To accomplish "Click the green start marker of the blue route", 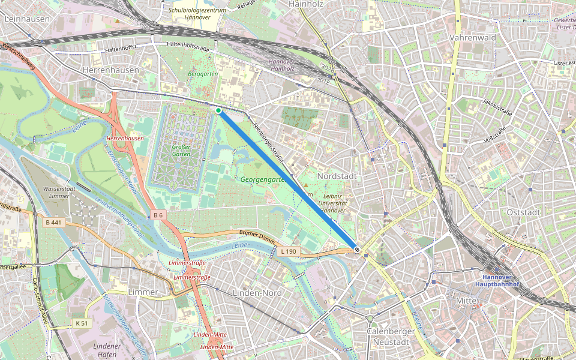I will [218, 111].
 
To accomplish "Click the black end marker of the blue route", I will [357, 249].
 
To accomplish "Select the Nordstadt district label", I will [337, 177].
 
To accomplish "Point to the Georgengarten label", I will [262, 179].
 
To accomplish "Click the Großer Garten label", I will [181, 151].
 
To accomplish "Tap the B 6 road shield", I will [158, 215].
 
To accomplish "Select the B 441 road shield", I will [53, 223].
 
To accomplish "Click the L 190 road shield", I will [287, 251].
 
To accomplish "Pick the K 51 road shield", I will [82, 323].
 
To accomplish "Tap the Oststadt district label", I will [523, 212].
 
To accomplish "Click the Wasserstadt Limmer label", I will [59, 193].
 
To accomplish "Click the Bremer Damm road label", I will [256, 233].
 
